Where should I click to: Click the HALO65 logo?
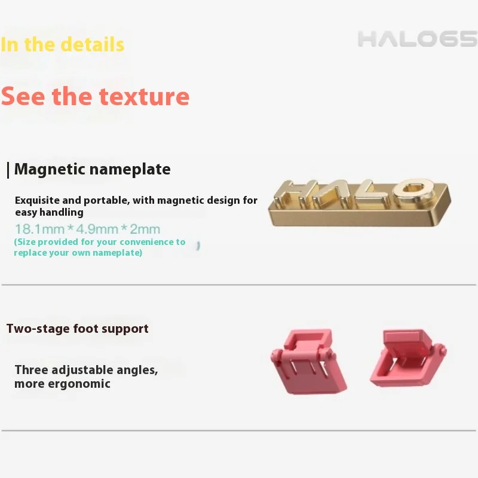point(417,39)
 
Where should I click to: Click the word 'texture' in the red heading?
point(144,96)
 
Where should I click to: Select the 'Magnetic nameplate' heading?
point(92,169)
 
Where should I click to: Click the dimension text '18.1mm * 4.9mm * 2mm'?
point(87,229)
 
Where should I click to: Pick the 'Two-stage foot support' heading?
point(78,329)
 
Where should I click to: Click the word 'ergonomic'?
point(80,384)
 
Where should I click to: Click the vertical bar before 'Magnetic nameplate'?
point(8,170)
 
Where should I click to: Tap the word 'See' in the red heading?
point(23,96)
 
